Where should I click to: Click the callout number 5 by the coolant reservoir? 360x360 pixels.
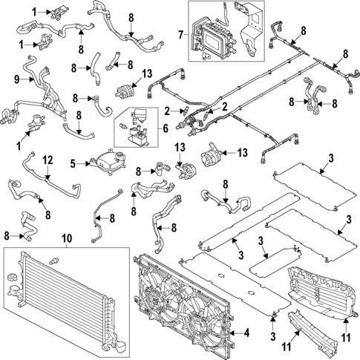[x=73, y=163]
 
